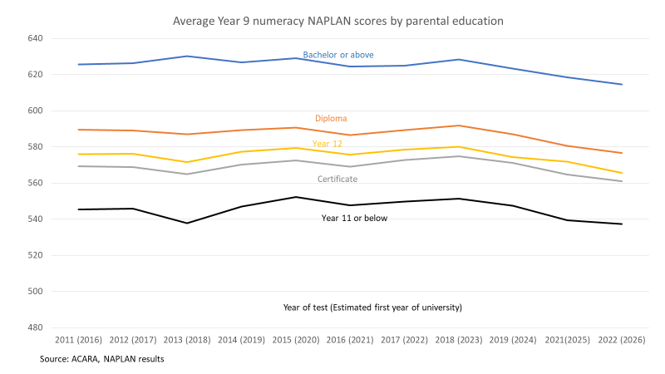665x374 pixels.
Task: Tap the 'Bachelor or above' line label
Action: click(337, 55)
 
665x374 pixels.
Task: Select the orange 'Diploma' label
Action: click(331, 119)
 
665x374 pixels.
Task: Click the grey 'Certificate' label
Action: click(337, 179)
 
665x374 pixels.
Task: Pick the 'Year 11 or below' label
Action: click(354, 219)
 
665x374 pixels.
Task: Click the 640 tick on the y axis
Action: click(34, 38)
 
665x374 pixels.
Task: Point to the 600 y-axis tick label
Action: click(34, 111)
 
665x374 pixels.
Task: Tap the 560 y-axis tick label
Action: click(34, 183)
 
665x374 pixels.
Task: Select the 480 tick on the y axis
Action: click(34, 327)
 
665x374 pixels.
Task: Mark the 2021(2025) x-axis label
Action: click(568, 341)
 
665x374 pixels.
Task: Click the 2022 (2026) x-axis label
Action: click(622, 341)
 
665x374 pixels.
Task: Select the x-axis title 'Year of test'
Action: click(372, 308)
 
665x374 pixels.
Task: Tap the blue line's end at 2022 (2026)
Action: click(622, 84)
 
